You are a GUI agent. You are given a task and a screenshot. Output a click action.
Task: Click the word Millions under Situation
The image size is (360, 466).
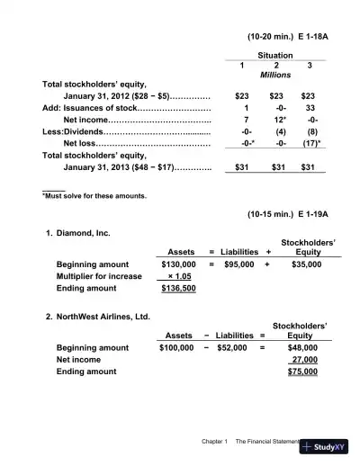pos(275,76)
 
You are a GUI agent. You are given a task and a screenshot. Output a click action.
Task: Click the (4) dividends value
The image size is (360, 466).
pos(275,131)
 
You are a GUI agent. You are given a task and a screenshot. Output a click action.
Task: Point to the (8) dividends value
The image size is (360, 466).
pos(309,131)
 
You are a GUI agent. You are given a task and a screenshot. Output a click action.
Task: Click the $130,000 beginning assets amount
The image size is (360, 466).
pos(176,265)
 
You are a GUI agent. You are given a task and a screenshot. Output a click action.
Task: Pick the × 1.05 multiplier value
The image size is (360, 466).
pos(181,277)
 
